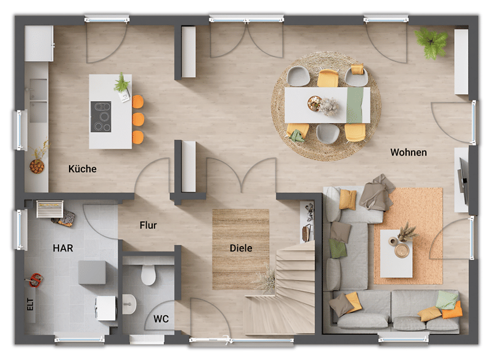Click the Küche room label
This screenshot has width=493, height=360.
83,169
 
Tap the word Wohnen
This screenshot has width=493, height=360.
409,152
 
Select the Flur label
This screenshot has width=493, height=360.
148,225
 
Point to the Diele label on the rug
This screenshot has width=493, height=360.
241,248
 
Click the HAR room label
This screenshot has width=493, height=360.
63,248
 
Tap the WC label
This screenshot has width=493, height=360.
161,319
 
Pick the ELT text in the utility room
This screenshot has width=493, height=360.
30,305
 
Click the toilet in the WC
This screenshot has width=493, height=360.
149,274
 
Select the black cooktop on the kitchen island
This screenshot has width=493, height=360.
101,117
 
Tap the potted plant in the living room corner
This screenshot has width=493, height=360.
431,43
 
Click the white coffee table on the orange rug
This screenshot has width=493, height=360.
396,253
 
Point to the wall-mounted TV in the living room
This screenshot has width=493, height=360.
463,178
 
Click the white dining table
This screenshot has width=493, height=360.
327,105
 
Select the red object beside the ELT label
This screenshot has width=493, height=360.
36,279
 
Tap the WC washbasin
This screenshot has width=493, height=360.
129,304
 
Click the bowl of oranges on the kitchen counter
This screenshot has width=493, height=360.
37,166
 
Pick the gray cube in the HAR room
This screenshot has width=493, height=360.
92,272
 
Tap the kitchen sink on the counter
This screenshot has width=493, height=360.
38,100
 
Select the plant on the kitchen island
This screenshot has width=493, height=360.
121,83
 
